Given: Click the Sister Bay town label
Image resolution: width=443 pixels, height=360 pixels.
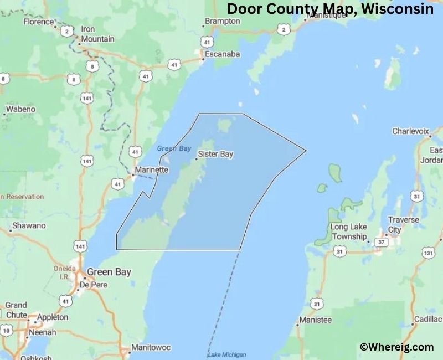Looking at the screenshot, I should [215, 154].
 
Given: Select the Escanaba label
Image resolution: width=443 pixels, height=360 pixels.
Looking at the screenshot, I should [222, 54].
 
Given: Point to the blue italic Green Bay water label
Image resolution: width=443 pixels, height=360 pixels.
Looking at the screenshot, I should [174, 148].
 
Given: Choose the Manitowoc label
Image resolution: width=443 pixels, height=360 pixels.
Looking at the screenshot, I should [151, 348].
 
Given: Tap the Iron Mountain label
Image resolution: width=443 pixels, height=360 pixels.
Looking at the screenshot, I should [97, 34].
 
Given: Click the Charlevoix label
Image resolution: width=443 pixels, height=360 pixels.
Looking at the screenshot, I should [411, 131].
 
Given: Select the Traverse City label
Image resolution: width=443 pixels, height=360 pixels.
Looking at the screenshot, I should [403, 224].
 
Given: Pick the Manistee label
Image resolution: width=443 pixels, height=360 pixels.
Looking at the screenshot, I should [315, 320].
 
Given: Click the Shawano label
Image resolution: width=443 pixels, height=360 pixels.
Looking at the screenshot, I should [29, 226].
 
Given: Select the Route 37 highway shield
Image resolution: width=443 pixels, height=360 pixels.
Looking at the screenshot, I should [380, 242].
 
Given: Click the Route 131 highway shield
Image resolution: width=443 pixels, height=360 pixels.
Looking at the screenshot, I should [427, 253].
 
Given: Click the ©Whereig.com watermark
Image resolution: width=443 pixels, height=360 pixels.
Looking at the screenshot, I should [396, 347].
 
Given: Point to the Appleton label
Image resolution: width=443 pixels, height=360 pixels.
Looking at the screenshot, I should [52, 317].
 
